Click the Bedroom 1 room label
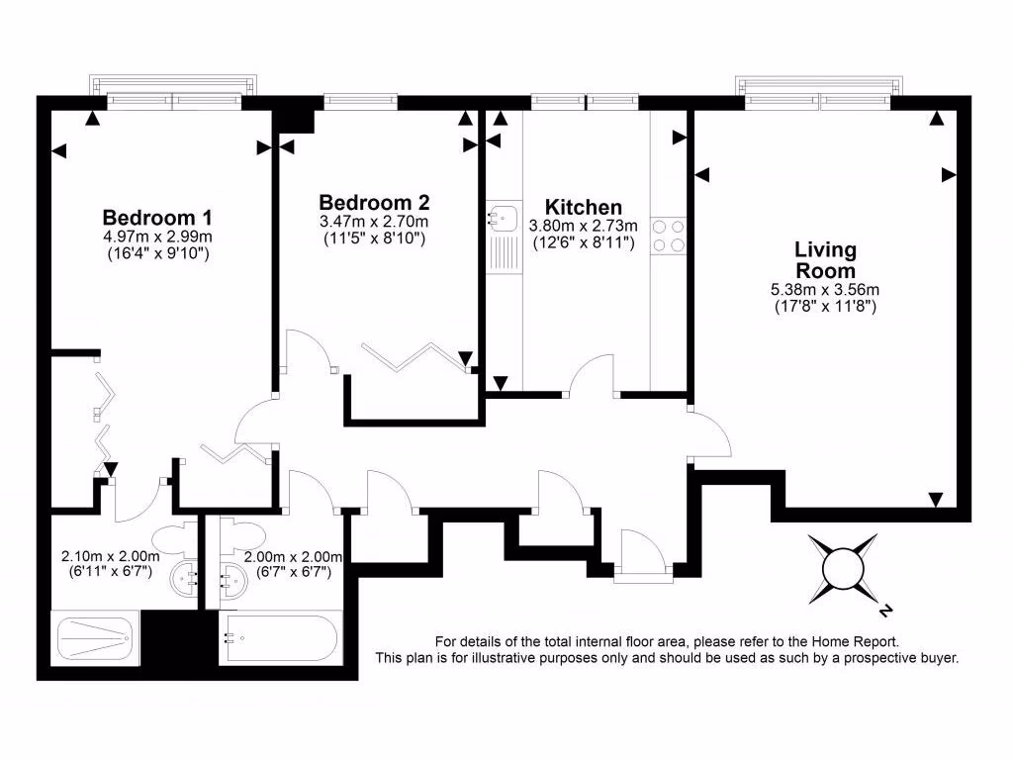tap(158, 217)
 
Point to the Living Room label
tap(825, 259)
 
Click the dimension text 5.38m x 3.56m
tap(825, 290)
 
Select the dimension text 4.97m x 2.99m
tap(158, 237)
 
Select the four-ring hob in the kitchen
tap(669, 235)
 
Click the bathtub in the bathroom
tap(280, 639)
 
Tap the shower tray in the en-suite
tap(96, 638)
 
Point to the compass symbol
tap(843, 566)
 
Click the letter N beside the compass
tap(887, 609)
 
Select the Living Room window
tap(820, 97)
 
